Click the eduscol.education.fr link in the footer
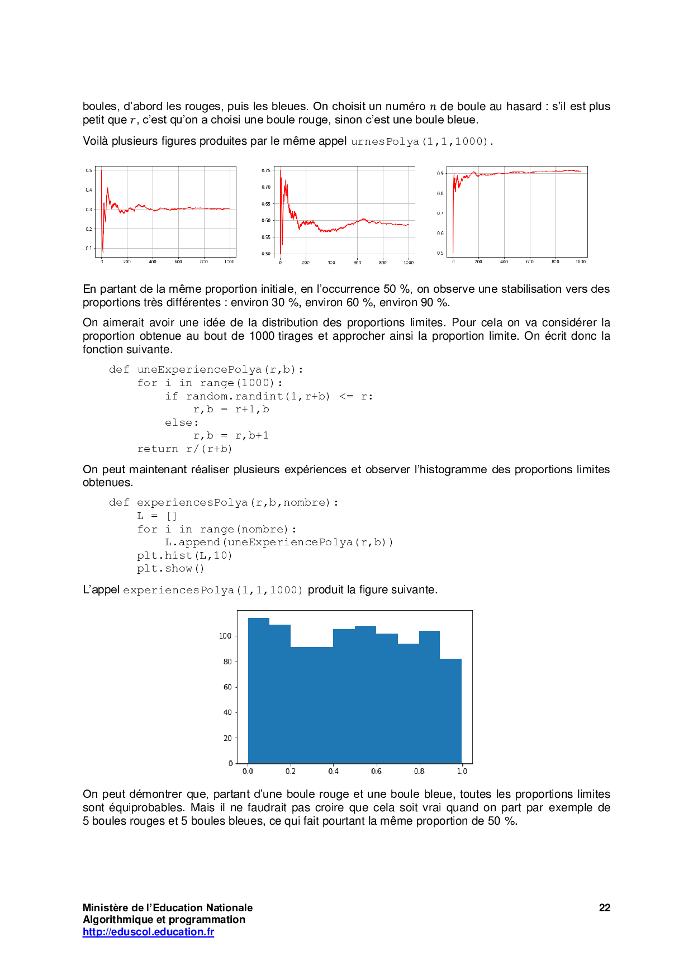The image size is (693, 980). click(x=148, y=932)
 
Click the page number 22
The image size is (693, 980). click(x=604, y=908)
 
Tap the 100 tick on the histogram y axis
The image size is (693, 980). click(x=225, y=636)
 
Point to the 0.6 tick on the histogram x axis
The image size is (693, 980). click(x=376, y=771)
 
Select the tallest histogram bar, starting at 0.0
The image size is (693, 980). click(x=259, y=693)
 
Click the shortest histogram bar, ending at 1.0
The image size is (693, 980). click(x=450, y=712)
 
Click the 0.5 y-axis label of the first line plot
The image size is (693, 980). click(x=89, y=170)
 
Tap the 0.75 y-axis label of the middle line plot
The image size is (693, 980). click(x=266, y=170)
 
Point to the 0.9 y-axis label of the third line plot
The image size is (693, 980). click(x=440, y=174)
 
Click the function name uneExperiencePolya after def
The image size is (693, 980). click(x=199, y=370)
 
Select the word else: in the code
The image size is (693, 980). click(x=182, y=423)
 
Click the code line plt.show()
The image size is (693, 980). click(x=170, y=569)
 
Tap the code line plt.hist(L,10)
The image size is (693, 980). click(x=184, y=555)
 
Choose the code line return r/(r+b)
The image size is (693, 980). click(x=184, y=449)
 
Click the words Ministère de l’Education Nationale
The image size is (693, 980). click(x=168, y=908)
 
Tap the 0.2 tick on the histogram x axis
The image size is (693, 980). click(x=291, y=771)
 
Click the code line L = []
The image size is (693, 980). click(x=157, y=516)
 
